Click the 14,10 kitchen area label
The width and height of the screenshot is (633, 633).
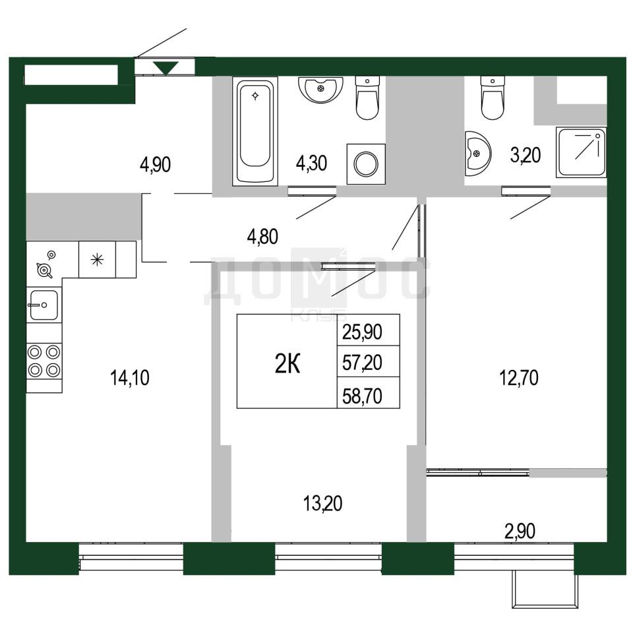point(130,378)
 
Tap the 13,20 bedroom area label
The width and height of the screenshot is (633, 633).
point(322,503)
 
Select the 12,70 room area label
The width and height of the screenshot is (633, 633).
point(519,378)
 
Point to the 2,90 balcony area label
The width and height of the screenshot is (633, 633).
point(520,531)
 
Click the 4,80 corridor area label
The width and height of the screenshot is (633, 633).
point(262,237)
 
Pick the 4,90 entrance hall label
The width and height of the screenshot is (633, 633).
point(155,164)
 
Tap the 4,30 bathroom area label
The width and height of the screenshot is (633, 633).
point(311,164)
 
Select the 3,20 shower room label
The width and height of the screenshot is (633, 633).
point(526,155)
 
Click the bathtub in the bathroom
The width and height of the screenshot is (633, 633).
point(255,131)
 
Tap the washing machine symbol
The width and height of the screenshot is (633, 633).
point(366,164)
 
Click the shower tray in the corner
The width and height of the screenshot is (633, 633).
point(581,152)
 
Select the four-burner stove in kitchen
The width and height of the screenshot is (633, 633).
point(44,361)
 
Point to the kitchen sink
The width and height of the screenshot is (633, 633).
point(44,305)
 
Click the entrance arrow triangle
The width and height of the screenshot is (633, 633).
point(166,67)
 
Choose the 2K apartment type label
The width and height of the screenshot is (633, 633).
point(287,364)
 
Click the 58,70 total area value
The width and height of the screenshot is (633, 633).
point(362,396)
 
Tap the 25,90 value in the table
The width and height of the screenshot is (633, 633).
point(362,332)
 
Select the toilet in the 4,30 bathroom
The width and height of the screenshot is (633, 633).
point(367,98)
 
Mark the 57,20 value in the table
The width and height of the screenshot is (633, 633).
point(362,363)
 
